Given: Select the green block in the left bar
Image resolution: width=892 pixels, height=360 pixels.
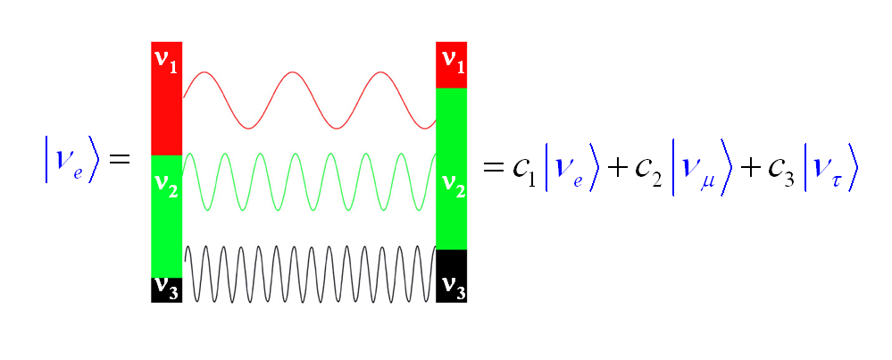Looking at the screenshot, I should [167, 228].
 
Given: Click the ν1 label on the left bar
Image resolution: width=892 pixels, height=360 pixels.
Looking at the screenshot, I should [166, 60].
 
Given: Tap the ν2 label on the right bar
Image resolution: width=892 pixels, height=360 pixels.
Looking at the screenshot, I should [453, 185].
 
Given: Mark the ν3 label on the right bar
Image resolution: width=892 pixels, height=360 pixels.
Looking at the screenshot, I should [453, 288].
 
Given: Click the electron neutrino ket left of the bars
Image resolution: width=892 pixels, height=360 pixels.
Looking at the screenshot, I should [71, 160].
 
